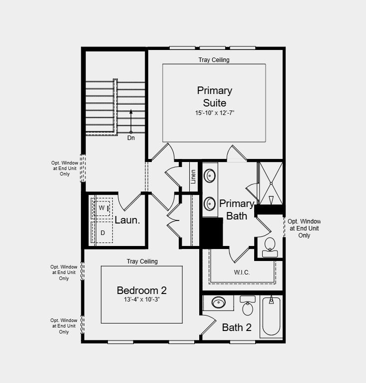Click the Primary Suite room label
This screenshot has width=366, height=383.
click(x=214, y=96)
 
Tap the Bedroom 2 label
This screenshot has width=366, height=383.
click(x=141, y=290)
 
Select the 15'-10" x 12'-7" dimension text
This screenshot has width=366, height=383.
click(x=214, y=113)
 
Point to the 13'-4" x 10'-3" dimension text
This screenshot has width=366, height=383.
click(x=141, y=300)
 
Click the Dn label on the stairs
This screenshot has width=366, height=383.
click(x=131, y=138)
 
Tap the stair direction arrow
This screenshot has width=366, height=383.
click(x=131, y=120)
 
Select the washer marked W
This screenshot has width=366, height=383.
click(x=102, y=207)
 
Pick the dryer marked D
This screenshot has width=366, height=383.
click(x=102, y=232)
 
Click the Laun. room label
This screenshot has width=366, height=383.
click(x=127, y=220)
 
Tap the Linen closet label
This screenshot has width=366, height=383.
click(x=193, y=176)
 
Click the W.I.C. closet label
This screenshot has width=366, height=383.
click(x=242, y=272)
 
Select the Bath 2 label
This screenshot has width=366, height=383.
click(x=237, y=328)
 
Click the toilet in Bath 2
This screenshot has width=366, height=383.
click(x=248, y=306)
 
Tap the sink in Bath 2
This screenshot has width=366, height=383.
click(x=219, y=302)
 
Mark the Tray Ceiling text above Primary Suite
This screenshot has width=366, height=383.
click(x=214, y=60)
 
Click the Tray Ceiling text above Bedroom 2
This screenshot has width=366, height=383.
click(x=142, y=261)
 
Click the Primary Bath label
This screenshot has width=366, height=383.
click(x=237, y=209)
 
